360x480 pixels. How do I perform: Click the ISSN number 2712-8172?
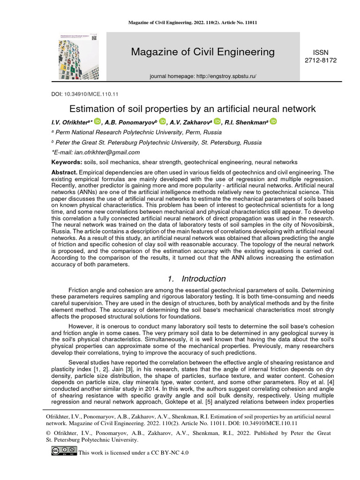click(321, 60)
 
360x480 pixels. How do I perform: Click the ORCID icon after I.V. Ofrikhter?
click(97, 121)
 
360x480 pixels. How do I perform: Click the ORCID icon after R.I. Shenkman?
click(273, 121)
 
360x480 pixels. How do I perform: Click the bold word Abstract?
click(64, 172)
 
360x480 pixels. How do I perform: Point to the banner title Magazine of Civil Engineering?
click(203, 52)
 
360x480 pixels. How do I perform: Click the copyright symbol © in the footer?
click(47, 434)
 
